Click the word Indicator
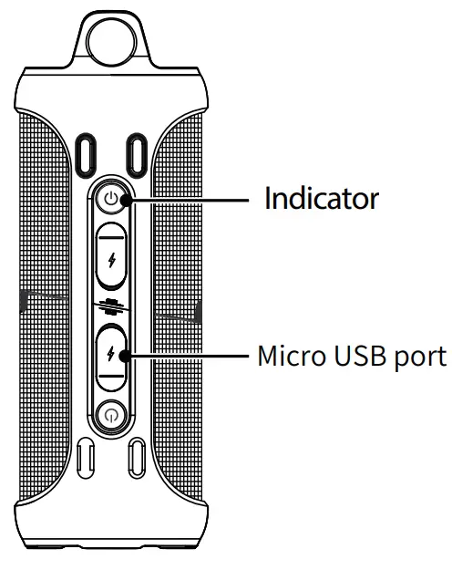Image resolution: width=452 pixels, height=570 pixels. [321, 198]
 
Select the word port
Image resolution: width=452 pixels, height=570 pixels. [420, 357]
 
